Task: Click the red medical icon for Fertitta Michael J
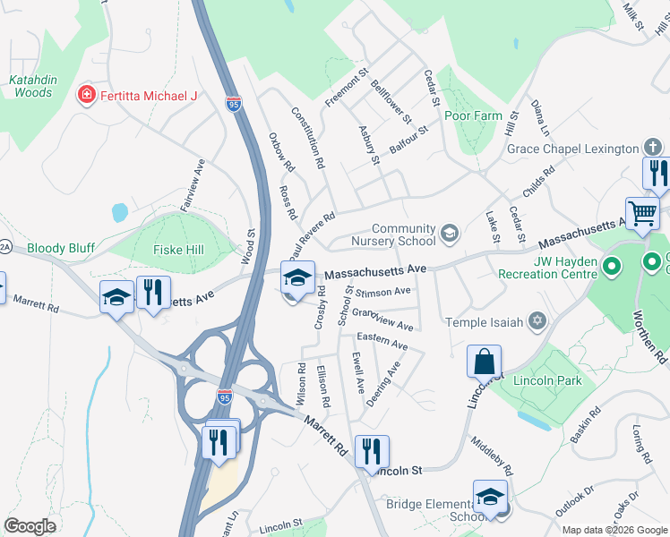pyautogui.click(x=87, y=95)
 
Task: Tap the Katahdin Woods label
pyautogui.click(x=33, y=86)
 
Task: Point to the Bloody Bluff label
pyautogui.click(x=59, y=248)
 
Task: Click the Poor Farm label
pyautogui.click(x=473, y=116)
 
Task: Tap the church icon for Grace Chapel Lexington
pyautogui.click(x=653, y=148)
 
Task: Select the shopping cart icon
pyautogui.click(x=641, y=214)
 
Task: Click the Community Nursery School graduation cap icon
pyautogui.click(x=449, y=234)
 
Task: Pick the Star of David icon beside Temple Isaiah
pyautogui.click(x=537, y=320)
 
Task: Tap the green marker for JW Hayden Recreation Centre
pyautogui.click(x=612, y=266)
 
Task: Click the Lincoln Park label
pyautogui.click(x=547, y=380)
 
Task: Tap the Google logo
pyautogui.click(x=30, y=526)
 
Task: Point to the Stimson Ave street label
pyautogui.click(x=383, y=291)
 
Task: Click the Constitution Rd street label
pyautogui.click(x=307, y=139)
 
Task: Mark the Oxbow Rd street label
pyautogui.click(x=281, y=152)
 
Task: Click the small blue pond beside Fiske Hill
pyautogui.click(x=119, y=212)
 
